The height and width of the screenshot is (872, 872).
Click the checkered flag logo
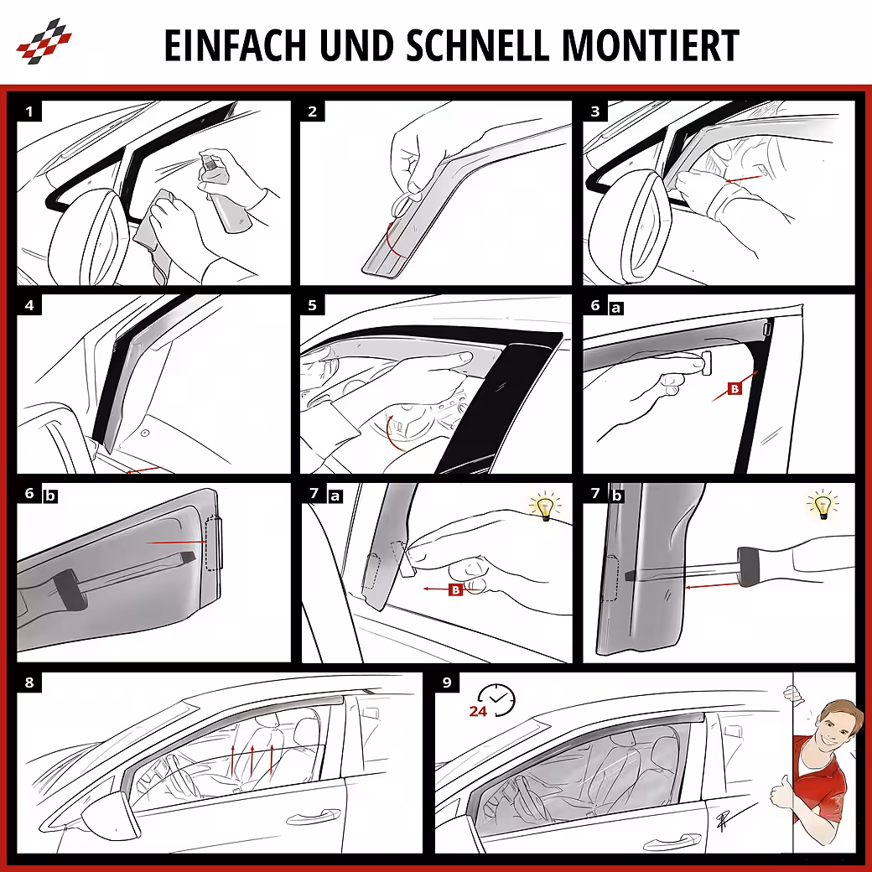(x=44, y=40)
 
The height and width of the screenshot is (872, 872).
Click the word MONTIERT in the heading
(x=651, y=45)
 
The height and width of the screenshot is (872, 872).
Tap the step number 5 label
(x=313, y=304)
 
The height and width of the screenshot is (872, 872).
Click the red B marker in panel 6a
(x=734, y=389)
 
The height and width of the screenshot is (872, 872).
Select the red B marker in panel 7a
(x=455, y=589)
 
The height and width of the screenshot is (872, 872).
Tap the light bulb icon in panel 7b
(x=822, y=505)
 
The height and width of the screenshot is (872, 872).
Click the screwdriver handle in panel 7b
(x=750, y=566)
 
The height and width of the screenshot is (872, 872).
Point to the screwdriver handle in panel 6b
(x=69, y=590)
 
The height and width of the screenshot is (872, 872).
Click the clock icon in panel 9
(x=496, y=699)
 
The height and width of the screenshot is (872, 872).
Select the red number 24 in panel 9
(x=478, y=711)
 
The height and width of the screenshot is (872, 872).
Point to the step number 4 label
(x=29, y=304)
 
